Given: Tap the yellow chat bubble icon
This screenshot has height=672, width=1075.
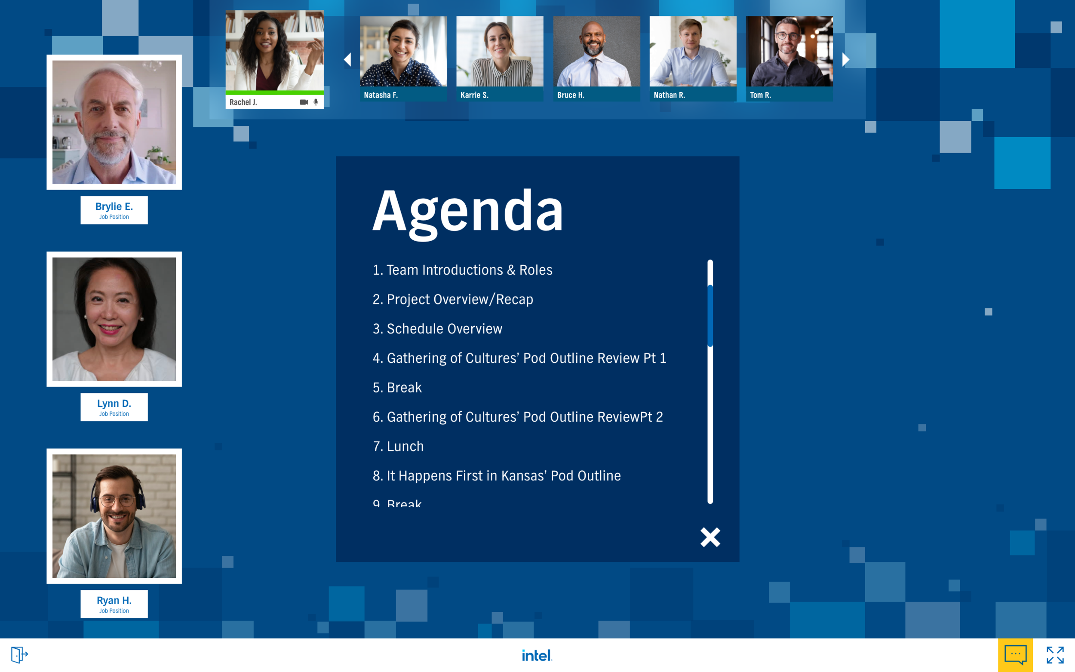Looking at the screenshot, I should point(1015,655).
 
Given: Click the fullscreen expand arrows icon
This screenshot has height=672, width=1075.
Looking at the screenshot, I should point(1054,655).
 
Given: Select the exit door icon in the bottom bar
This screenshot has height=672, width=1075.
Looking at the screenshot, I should point(19,654).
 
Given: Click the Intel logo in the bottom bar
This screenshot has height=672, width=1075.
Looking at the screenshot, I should point(537,655).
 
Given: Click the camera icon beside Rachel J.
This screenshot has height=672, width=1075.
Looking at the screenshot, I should point(304,102).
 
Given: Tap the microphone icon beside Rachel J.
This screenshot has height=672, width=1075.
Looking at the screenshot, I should point(316,102).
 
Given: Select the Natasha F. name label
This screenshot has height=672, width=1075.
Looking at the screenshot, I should point(381,95).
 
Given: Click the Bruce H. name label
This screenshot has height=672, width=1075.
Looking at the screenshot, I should point(571,95).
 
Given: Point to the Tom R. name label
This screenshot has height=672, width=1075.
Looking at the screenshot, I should point(760,95).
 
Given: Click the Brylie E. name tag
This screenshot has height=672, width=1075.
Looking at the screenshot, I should point(114,210).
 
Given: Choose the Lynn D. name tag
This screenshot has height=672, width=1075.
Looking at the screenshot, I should point(114,407).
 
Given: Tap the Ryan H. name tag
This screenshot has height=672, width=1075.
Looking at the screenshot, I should point(114,604).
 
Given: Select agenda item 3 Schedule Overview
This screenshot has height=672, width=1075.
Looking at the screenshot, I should point(438,328).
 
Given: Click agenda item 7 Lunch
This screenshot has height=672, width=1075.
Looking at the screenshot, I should point(399,446).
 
